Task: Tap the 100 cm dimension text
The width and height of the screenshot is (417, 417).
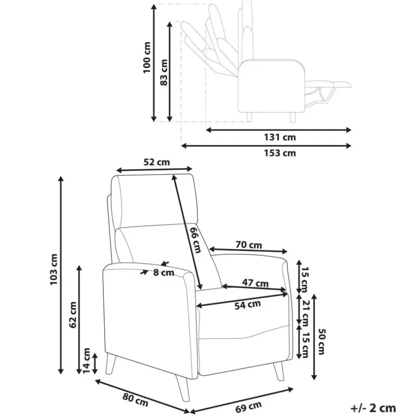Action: (146, 57)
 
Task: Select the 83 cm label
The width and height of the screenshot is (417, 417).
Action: (164, 72)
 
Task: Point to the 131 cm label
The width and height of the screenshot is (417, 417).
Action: (280, 137)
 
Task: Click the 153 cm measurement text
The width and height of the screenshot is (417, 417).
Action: (280, 153)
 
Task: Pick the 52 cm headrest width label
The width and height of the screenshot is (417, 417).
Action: (157, 162)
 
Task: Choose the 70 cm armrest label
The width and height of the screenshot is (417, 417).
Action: (249, 245)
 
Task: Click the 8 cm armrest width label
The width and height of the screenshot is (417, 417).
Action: (164, 272)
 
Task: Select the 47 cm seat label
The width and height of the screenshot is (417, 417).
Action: (255, 283)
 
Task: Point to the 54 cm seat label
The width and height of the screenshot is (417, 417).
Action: (247, 305)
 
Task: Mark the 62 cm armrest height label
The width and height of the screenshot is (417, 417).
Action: (73, 315)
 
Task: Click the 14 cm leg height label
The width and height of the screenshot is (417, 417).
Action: (87, 360)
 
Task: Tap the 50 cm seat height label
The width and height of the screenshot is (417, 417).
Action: (322, 342)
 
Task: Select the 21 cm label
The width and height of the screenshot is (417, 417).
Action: (305, 313)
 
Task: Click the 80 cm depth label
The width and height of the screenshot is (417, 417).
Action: (135, 400)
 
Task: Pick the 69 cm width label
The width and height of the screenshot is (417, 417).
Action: (248, 407)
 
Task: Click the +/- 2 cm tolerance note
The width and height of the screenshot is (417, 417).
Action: (373, 408)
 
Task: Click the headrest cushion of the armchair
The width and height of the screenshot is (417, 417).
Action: (154, 201)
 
